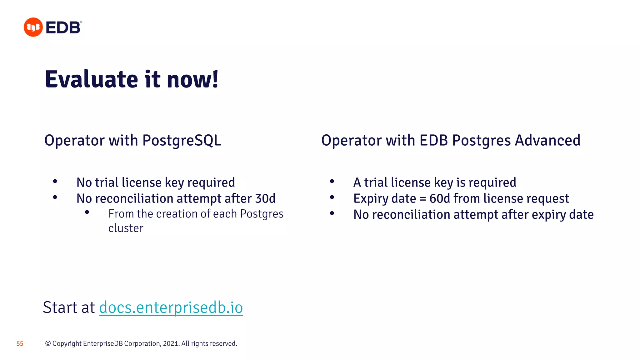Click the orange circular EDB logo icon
(x=33, y=27)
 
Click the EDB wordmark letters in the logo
(x=63, y=27)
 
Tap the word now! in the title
(x=192, y=79)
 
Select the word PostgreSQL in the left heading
(x=182, y=141)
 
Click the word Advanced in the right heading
(x=547, y=140)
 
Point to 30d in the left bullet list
(x=265, y=199)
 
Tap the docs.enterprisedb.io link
(x=171, y=307)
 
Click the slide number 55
(x=20, y=344)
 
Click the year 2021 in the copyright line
(x=171, y=343)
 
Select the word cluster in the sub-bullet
(x=126, y=228)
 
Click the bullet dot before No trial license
(x=55, y=181)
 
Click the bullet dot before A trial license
(x=332, y=181)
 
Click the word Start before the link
(x=60, y=307)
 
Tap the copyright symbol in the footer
(x=48, y=343)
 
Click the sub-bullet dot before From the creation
(x=87, y=212)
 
